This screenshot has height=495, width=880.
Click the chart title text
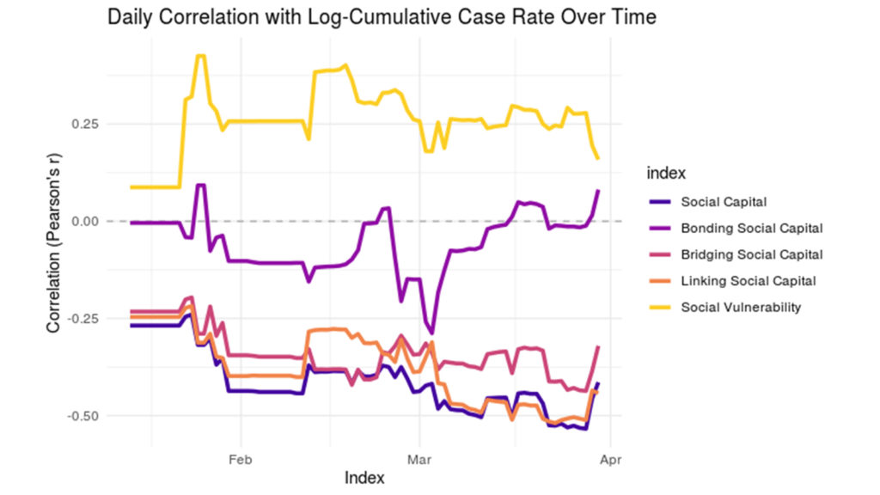tap(382, 18)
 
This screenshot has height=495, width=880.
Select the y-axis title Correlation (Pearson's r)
tap(53, 250)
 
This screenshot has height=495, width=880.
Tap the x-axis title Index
tap(364, 477)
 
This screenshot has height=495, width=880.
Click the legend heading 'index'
tap(665, 174)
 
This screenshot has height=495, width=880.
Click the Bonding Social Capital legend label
tap(751, 229)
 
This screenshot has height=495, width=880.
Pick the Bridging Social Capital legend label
tap(752, 254)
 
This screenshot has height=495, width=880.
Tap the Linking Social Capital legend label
tap(748, 280)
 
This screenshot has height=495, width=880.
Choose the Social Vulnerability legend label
tap(740, 307)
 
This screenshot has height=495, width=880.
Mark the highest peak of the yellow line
tap(200, 56)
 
